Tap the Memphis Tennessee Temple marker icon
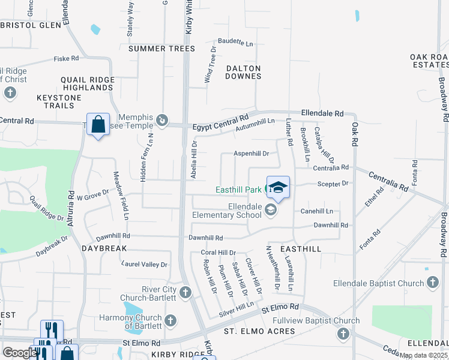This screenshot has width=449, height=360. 161,121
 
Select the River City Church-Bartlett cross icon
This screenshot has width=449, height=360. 185,293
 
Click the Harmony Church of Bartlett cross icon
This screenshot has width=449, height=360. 170,320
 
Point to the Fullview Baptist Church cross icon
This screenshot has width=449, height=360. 343,333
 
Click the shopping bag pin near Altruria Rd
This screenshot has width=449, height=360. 98,124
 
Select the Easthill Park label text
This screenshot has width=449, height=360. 238,190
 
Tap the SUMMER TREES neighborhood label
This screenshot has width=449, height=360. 161,49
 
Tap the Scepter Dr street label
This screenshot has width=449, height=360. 336,184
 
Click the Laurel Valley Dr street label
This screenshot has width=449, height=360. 144,264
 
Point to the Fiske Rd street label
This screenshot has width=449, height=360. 66,58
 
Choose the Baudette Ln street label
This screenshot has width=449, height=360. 235,43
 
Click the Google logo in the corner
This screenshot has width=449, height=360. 19,353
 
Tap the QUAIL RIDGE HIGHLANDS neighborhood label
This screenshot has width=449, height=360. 88,83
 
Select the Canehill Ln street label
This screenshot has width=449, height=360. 317,211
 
